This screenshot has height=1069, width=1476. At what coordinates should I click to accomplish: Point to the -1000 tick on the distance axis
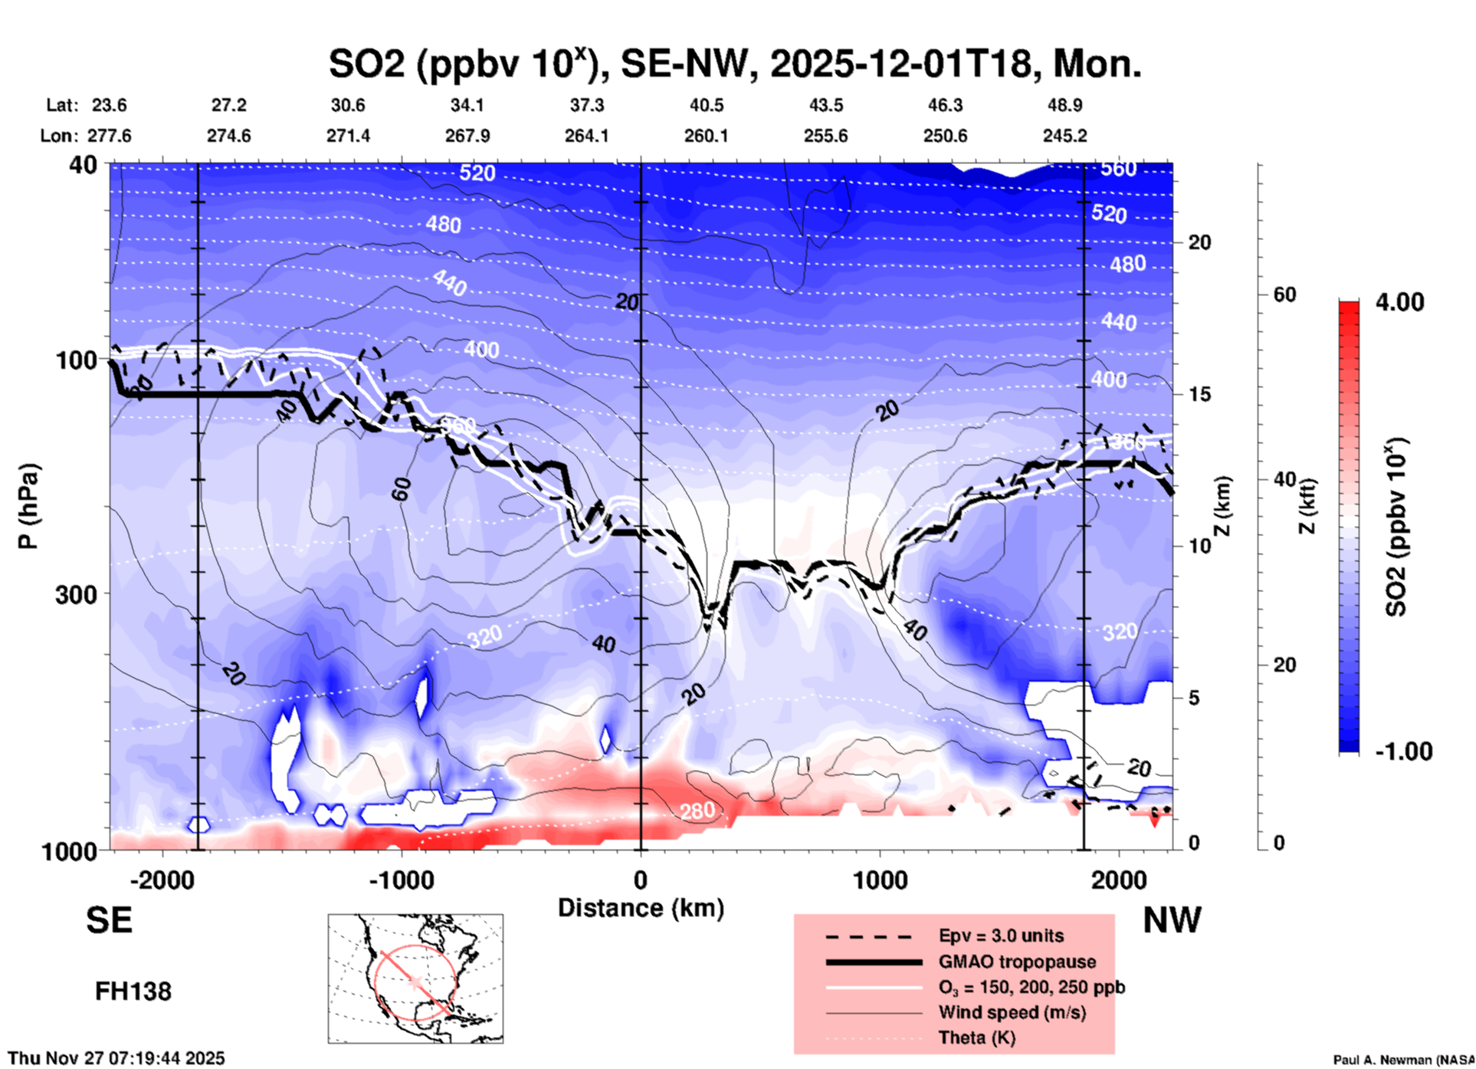click(x=401, y=880)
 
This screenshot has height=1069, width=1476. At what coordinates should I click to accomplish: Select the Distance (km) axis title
click(x=641, y=908)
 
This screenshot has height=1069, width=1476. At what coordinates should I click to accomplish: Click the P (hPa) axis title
click(x=28, y=506)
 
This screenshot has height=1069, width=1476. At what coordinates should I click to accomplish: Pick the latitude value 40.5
click(x=706, y=105)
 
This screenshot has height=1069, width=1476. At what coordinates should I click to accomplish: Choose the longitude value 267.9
click(x=467, y=136)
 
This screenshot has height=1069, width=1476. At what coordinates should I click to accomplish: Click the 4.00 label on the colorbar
click(x=1399, y=302)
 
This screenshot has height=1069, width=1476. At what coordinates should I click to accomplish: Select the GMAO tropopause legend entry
click(x=1017, y=962)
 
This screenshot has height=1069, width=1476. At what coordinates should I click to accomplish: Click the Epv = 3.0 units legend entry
click(x=1001, y=936)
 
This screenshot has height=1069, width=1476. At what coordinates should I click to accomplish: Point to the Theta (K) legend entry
click(x=976, y=1038)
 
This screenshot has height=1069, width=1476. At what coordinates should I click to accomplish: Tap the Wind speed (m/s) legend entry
click(x=1012, y=1012)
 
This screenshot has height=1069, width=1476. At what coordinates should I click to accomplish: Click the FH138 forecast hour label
click(x=133, y=992)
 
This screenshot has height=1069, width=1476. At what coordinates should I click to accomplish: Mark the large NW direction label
click(x=1172, y=920)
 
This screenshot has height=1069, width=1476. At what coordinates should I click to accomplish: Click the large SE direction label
click(x=109, y=920)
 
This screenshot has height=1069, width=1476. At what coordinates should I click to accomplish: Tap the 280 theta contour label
click(x=697, y=811)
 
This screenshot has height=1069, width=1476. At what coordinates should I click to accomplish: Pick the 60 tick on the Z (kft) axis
click(x=1284, y=294)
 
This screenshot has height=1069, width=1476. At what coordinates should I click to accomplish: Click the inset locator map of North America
click(x=415, y=978)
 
